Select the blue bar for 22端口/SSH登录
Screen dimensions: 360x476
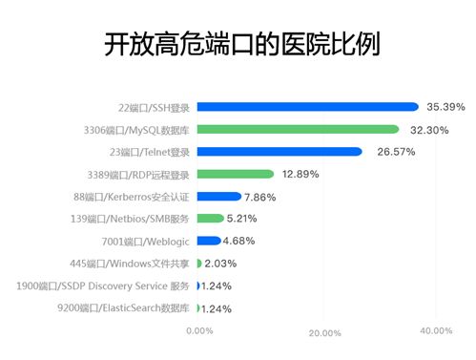(307, 107)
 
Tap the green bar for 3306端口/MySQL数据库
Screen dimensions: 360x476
(298, 129)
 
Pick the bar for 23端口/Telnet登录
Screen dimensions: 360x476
(279, 152)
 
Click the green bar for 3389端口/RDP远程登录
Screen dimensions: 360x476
(236, 174)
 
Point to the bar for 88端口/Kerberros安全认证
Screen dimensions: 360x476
(219, 197)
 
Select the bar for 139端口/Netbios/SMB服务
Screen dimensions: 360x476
(211, 219)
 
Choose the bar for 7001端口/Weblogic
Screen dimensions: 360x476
(209, 241)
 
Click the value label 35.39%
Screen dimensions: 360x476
(445, 107)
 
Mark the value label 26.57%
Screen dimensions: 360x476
(389, 152)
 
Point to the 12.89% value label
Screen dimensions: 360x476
(300, 175)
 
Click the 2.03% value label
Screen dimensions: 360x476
(220, 264)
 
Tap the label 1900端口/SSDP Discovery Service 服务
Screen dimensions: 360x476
(104, 286)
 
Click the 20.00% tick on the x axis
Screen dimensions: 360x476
(325, 332)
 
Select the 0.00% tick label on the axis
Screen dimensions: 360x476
(198, 330)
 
